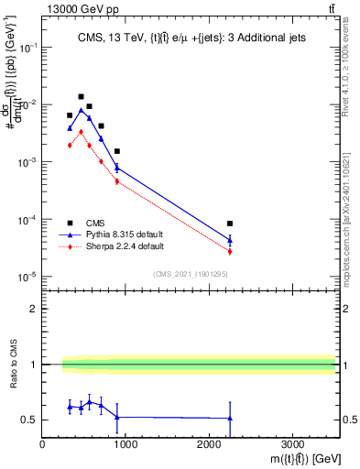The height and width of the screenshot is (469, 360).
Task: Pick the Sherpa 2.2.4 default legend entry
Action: pyautogui.click(x=131, y=246)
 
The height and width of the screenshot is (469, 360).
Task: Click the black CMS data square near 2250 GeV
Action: pyautogui.click(x=230, y=224)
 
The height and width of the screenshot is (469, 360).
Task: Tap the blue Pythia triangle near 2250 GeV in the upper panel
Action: pyautogui.click(x=230, y=240)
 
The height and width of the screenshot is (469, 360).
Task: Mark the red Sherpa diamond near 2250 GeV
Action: pyautogui.click(x=230, y=251)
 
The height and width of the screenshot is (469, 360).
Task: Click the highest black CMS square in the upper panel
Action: pyautogui.click(x=81, y=96)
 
